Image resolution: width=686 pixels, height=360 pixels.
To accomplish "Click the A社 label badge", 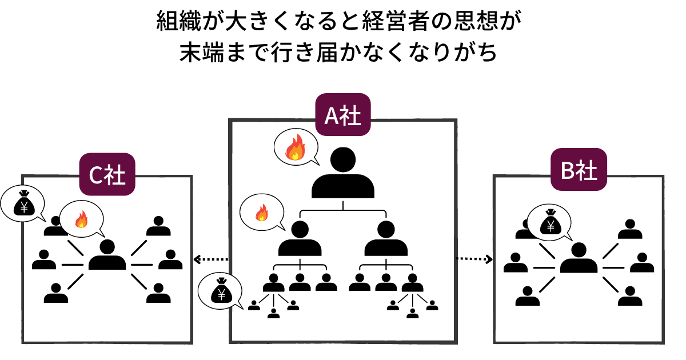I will tap(342, 115).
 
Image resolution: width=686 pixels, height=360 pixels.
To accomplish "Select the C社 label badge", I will tap(107, 175).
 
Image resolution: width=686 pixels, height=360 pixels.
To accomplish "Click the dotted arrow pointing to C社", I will tap(211, 259).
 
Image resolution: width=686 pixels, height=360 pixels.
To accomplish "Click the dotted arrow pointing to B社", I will tap(474, 259).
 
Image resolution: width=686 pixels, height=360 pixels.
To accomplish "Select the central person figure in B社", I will tap(579, 258).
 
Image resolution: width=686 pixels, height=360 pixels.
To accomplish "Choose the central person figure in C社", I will tap(107, 255).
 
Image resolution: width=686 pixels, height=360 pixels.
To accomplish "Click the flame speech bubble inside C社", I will tap(81, 218).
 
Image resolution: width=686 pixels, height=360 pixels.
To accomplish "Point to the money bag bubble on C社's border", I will tap(23, 203).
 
